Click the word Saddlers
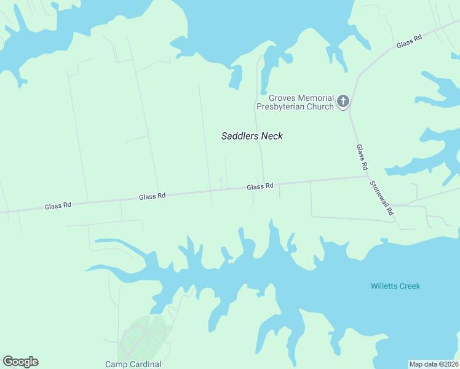coord(240,136)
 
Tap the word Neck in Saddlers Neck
coord(272,136)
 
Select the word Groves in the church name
coord(282,98)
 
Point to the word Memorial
coord(316,98)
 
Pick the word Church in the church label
coord(319,106)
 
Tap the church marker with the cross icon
coord(343,101)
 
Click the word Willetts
coord(386,286)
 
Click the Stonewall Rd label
coord(383,197)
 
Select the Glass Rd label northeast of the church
coord(408,41)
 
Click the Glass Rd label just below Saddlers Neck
coord(260,186)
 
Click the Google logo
coord(21,362)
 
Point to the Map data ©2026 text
coord(434,363)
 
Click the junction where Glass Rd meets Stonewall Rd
coord(367,177)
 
